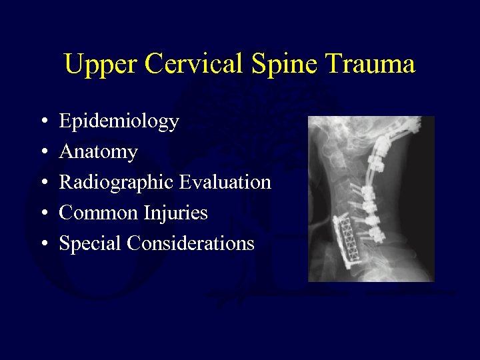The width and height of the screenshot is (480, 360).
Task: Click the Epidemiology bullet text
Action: (x=119, y=122)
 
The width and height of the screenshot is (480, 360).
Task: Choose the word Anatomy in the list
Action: (x=98, y=153)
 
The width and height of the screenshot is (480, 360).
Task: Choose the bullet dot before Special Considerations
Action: (x=43, y=244)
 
